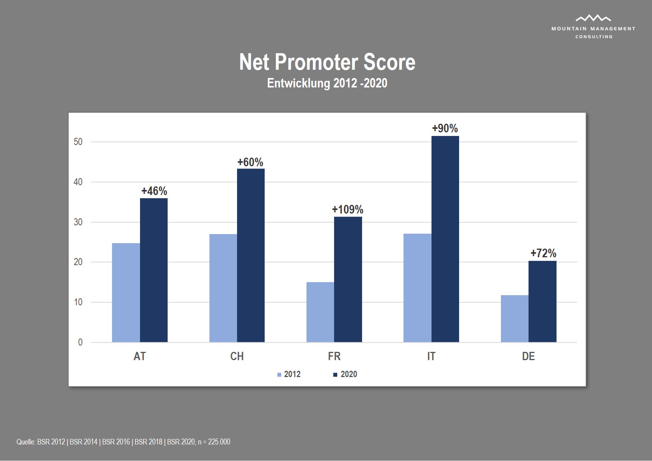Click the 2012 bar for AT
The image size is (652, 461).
(126, 292)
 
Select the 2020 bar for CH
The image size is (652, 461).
(251, 255)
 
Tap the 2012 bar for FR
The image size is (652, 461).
(320, 312)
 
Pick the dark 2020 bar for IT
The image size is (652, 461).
(445, 239)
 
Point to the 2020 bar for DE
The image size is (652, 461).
(542, 301)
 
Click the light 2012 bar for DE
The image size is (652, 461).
(515, 318)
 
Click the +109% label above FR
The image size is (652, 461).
(347, 209)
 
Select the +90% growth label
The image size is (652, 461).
(445, 128)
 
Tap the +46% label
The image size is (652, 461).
(154, 191)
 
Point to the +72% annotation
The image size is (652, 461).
(543, 253)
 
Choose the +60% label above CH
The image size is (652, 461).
(250, 162)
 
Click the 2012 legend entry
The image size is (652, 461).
(289, 374)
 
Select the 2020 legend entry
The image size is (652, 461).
(346, 374)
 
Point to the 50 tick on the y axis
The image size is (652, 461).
(78, 142)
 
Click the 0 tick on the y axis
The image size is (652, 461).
(80, 342)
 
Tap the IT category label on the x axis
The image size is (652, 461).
(431, 356)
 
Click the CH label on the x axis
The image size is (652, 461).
(237, 356)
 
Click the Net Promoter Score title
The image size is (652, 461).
(327, 62)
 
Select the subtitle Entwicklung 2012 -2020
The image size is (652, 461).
(327, 83)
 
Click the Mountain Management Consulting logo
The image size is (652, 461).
(593, 26)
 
